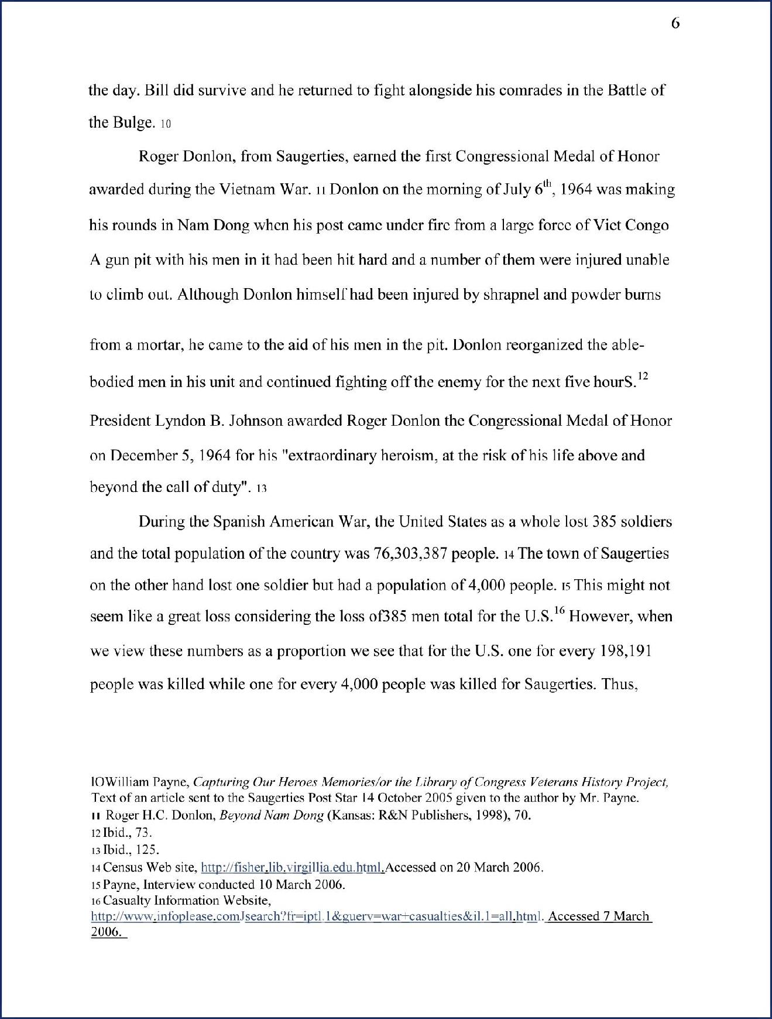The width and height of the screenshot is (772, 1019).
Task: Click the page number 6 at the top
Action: point(675,23)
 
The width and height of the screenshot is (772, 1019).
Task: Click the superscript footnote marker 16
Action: point(559,611)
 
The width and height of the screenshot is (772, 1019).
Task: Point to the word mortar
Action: point(159,345)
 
